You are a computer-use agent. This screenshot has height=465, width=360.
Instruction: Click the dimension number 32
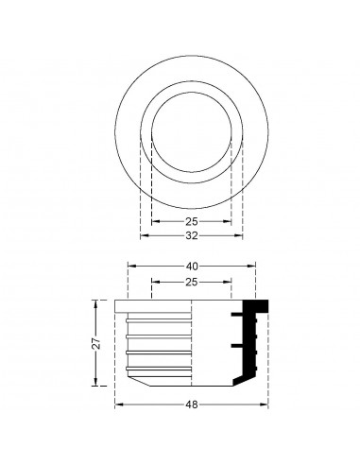[x=192, y=235]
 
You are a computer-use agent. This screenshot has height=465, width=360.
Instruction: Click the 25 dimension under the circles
[x=192, y=221]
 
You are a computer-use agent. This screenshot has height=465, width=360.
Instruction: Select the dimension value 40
[x=192, y=267]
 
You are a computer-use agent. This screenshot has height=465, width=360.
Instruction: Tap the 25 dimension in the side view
[x=192, y=282]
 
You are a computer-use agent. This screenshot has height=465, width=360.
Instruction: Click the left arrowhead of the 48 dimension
[x=117, y=404]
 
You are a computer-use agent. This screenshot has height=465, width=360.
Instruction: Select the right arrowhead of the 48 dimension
[x=267, y=404]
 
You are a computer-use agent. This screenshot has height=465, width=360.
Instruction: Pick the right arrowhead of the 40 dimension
[x=253, y=267]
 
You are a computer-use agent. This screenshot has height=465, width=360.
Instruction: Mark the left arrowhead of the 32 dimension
[x=142, y=235]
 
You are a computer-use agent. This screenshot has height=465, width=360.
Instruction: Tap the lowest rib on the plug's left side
[x=131, y=364]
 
